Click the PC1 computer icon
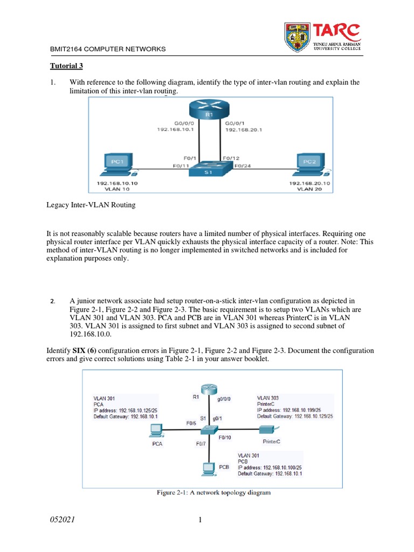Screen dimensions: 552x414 click(117, 164)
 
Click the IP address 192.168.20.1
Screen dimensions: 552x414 click(244, 129)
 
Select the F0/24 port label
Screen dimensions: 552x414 click(243, 166)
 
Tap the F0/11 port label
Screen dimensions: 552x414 click(181, 166)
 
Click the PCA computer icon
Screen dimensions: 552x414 click(156, 430)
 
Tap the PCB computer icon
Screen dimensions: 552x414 click(207, 468)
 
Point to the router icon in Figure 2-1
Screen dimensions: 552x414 click(208, 390)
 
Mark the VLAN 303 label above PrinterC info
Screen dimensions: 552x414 click(268, 397)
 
